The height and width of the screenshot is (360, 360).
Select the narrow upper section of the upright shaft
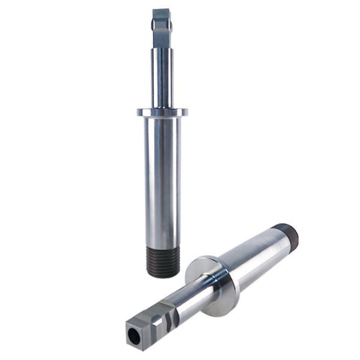point(162,78)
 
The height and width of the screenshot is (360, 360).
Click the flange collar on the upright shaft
point(162,112)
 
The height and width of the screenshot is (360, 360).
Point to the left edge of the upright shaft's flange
point(139,112)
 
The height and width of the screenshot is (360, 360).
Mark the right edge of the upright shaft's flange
point(185,112)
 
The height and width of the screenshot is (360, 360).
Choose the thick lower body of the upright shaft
point(162,180)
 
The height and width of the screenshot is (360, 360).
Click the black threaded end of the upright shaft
point(163,261)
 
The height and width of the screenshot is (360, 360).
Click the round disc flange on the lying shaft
point(213,285)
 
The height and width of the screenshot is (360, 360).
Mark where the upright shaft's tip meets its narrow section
point(161,48)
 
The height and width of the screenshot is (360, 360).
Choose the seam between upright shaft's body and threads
point(163,247)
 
